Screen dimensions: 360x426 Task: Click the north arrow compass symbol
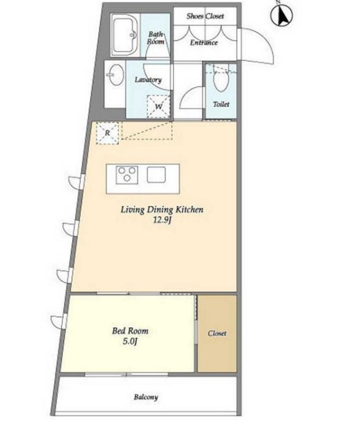(x=281, y=15)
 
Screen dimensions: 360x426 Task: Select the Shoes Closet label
(x=205, y=16)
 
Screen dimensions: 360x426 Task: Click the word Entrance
(x=204, y=43)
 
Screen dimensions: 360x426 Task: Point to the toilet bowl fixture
(x=220, y=79)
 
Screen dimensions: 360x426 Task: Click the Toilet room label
(x=221, y=104)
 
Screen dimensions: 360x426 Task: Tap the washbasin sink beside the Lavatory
(x=115, y=75)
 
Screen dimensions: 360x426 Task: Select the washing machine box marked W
(x=159, y=106)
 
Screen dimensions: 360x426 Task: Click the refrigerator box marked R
(x=108, y=133)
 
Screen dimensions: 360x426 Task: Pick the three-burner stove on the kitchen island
(x=127, y=174)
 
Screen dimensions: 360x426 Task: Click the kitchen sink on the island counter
(x=156, y=174)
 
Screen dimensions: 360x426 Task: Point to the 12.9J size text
(x=162, y=220)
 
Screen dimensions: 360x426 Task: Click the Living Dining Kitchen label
(x=162, y=210)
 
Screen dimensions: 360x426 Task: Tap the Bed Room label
(x=131, y=331)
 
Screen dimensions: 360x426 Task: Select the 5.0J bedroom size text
(x=129, y=341)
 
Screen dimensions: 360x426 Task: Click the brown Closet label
(x=217, y=333)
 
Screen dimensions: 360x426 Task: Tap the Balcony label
(x=146, y=397)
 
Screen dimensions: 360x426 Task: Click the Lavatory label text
(x=149, y=80)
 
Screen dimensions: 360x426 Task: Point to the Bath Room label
(x=155, y=38)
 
